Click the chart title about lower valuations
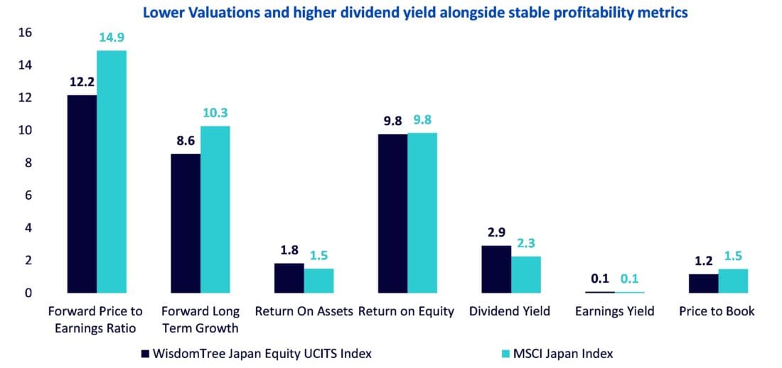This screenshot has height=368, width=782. [415, 13]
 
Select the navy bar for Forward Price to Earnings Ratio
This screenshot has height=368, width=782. [82, 193]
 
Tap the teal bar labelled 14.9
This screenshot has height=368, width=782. [112, 171]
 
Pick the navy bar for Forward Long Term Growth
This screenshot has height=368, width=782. [186, 223]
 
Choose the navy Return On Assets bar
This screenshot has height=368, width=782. [289, 278]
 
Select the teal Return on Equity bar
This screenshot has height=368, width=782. [422, 212]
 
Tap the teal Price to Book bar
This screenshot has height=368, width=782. [733, 281]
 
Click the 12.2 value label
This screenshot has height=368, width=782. [82, 82]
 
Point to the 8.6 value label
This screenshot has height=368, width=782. [186, 141]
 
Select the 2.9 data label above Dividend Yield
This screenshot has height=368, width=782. [497, 233]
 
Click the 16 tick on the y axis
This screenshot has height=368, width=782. [25, 32]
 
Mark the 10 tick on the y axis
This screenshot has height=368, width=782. [25, 130]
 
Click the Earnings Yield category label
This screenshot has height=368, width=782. [614, 311]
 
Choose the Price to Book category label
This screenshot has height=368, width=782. [717, 311]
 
